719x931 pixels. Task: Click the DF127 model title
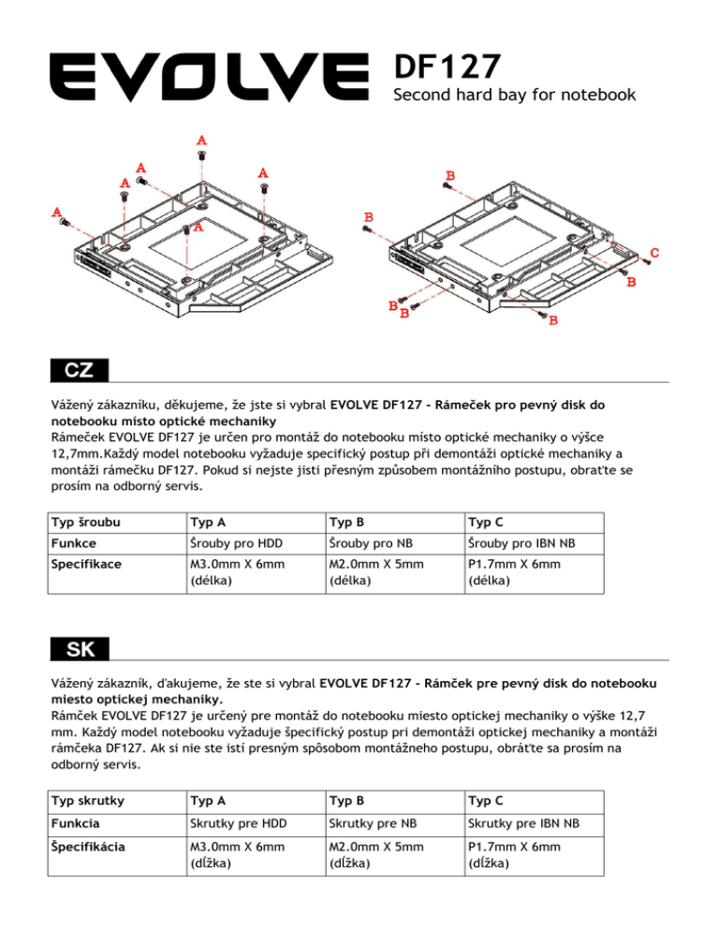[x=447, y=66]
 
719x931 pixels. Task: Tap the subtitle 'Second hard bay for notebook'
[x=515, y=95]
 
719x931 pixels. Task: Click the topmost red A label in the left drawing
[x=202, y=140]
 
